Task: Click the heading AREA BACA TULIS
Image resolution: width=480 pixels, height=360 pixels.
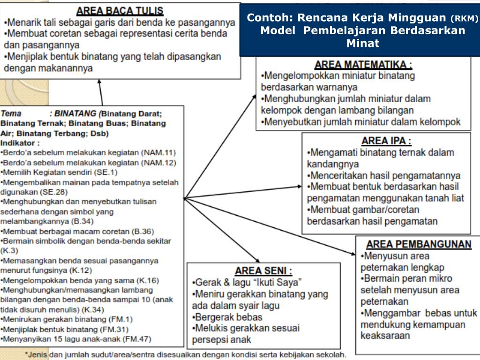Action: click(x=120, y=10)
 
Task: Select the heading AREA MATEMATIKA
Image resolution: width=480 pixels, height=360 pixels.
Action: click(x=363, y=65)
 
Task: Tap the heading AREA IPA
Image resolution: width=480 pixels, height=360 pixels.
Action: click(x=386, y=141)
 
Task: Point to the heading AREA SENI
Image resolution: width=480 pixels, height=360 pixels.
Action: click(x=263, y=270)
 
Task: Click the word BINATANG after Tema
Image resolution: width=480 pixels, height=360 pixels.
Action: click(x=75, y=113)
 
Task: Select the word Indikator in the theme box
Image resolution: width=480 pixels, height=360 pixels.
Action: click(x=20, y=142)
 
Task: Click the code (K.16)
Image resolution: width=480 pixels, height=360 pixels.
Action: click(x=147, y=280)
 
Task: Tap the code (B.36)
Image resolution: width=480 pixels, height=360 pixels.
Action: click(x=143, y=231)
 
